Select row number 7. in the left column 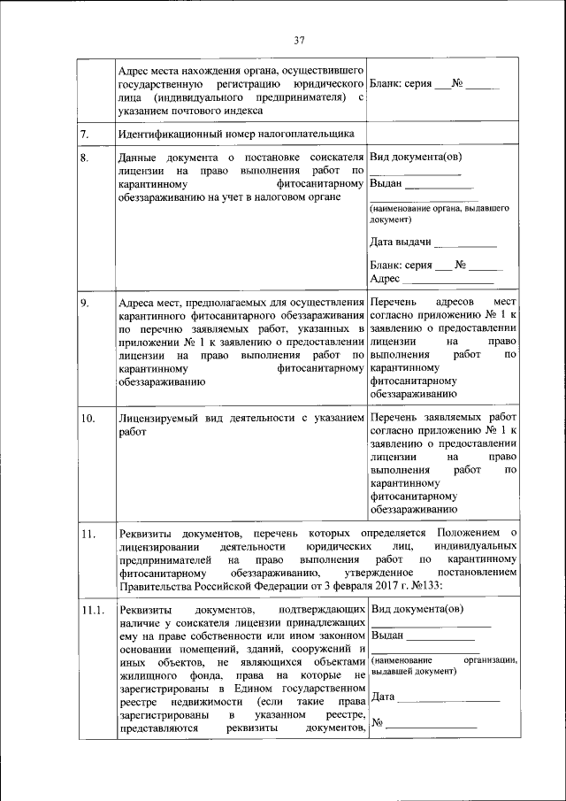pyautogui.click(x=84, y=135)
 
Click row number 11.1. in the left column pyautogui.click(x=92, y=611)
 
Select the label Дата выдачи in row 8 pyautogui.click(x=401, y=242)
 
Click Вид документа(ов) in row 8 pyautogui.click(x=415, y=158)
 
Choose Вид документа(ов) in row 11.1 pyautogui.click(x=415, y=610)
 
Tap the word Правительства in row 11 pyautogui.click(x=155, y=583)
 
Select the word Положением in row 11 pyautogui.click(x=463, y=533)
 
